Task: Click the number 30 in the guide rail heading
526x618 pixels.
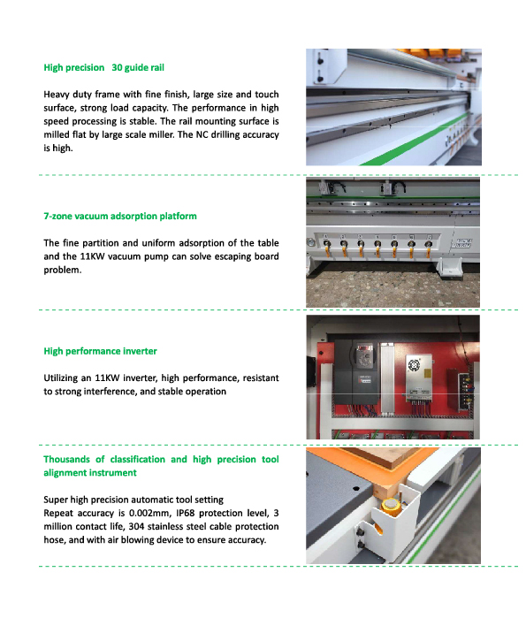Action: [x=117, y=67]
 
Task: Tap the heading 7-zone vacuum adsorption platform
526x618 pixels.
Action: [x=120, y=216]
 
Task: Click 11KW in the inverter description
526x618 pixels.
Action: [x=107, y=378]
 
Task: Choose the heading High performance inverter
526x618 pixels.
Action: [x=100, y=351]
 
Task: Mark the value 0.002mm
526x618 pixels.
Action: [x=149, y=513]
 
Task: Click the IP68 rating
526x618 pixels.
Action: [x=185, y=513]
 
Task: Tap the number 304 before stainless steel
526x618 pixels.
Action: [x=136, y=527]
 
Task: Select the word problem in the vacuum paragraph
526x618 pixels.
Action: [x=62, y=270]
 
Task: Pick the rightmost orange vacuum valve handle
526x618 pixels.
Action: [x=429, y=248]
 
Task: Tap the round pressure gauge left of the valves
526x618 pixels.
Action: [x=311, y=242]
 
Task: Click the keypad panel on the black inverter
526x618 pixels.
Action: [x=364, y=354]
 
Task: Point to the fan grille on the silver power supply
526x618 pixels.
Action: [x=414, y=364]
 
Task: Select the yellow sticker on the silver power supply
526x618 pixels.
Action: [x=427, y=373]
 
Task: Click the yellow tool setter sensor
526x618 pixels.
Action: [x=390, y=507]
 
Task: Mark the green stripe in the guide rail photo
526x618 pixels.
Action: [x=414, y=139]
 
